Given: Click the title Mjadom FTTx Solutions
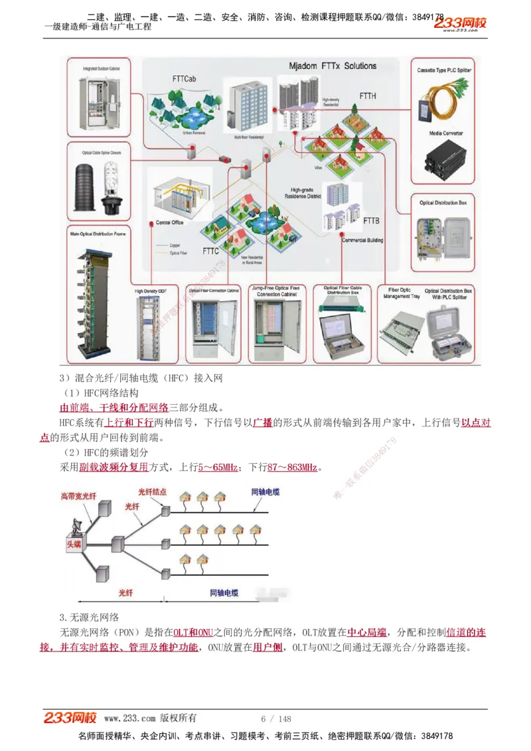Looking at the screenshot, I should (333, 66).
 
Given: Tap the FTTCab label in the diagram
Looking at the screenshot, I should (184, 80).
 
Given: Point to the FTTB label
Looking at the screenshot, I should (371, 220).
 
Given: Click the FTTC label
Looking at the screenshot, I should (210, 251).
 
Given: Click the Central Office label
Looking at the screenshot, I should (169, 222).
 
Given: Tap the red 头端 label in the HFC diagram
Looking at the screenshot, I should (74, 544).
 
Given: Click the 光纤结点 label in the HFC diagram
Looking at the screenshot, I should (152, 492).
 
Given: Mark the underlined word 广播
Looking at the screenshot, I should (262, 423).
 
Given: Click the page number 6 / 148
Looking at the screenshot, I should (276, 719).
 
